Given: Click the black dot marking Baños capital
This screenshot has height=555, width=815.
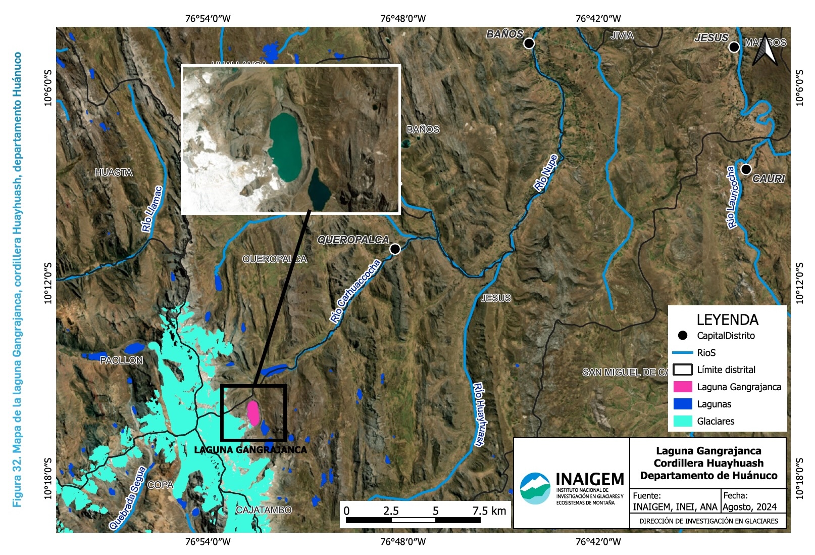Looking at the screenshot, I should (529, 43).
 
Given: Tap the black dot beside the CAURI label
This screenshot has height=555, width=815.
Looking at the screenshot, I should (746, 169).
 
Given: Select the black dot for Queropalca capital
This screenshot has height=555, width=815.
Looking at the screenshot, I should (395, 249).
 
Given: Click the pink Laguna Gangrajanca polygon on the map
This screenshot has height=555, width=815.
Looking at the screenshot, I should (253, 413).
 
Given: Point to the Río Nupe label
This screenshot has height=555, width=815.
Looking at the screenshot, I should (546, 173).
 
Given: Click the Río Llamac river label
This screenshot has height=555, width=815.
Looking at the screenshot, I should (152, 209).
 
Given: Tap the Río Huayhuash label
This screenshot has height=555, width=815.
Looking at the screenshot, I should (479, 414).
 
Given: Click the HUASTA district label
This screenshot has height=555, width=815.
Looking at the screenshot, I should (114, 173).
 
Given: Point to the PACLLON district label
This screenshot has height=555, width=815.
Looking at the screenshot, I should (121, 360).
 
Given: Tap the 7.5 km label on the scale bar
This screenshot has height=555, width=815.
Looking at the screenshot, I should (489, 511).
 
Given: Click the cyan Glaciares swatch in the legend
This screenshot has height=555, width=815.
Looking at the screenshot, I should (682, 421).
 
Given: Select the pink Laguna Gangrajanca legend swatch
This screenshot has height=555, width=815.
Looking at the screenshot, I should (682, 387).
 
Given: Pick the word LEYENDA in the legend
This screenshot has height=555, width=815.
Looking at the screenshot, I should (727, 320).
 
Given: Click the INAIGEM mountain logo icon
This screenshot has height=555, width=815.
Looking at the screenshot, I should (535, 488).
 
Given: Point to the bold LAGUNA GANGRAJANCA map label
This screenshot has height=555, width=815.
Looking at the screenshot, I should (250, 450).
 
